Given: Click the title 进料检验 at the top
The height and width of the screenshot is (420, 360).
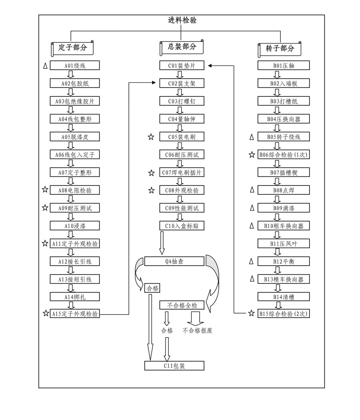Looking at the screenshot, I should (182, 20).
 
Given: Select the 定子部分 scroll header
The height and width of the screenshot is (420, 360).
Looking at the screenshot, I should (72, 48).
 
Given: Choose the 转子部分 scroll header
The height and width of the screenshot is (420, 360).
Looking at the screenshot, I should (280, 48).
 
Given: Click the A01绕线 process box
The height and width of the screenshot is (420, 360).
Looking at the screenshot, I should (74, 66).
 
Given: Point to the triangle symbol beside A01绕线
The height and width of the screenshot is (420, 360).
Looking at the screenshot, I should (45, 66).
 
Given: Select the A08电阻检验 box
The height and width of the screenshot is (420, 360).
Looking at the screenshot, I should (74, 190).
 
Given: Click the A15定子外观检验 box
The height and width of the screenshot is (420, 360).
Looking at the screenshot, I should (74, 314).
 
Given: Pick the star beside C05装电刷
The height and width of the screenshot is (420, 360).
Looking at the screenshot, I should (151, 137).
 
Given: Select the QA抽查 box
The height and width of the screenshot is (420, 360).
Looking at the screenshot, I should (174, 262).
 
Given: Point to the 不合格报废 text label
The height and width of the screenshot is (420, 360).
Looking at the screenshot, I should (198, 331).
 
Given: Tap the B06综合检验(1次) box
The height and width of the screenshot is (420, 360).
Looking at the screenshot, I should (284, 155).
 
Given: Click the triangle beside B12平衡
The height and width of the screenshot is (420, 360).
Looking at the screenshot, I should (251, 262).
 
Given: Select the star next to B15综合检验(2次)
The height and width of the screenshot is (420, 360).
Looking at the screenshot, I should (251, 314).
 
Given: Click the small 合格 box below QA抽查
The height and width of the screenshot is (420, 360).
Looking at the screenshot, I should (152, 288).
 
